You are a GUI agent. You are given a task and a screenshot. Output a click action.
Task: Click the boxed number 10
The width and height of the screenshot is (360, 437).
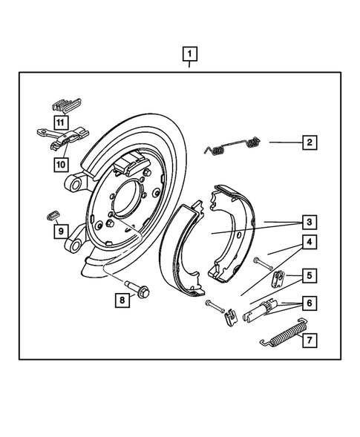[59, 162]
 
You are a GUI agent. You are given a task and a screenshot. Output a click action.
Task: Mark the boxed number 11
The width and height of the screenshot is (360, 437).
[59, 121]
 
